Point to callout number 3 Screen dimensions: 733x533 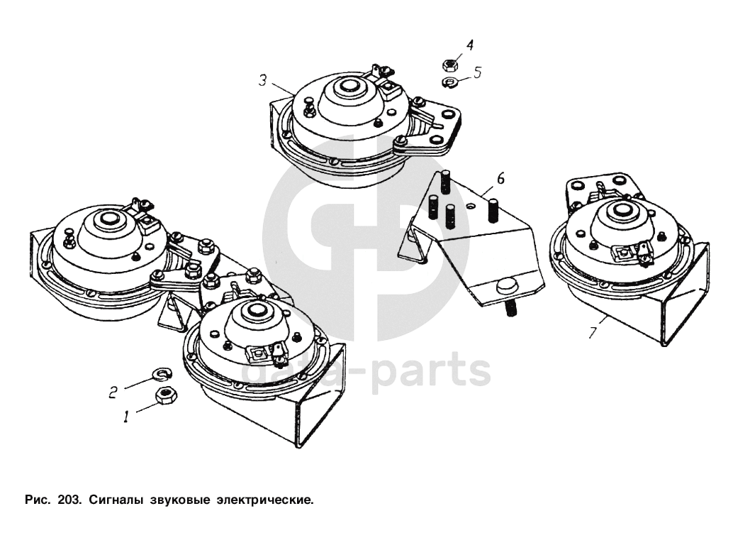point(262,81)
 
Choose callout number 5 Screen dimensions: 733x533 point(477,72)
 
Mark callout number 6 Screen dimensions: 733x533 point(500,179)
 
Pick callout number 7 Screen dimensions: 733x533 point(593,331)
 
